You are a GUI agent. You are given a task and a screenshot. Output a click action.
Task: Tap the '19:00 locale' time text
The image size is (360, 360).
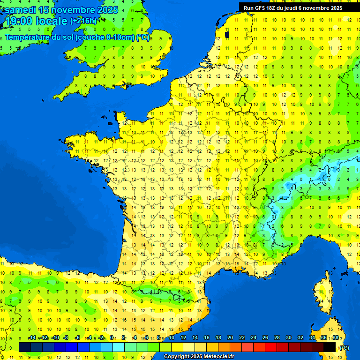[x=37, y=21]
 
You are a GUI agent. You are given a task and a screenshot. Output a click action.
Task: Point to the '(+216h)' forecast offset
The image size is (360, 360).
[x=83, y=21]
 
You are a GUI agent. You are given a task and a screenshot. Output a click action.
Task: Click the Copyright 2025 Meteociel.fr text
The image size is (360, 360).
[x=199, y=357]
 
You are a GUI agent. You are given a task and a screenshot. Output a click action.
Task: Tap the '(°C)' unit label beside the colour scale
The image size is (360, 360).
[x=344, y=348]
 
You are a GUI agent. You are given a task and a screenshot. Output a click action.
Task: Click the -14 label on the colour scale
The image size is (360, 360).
[x=32, y=337]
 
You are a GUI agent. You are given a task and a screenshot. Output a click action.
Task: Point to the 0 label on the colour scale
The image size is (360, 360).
[x=112, y=337]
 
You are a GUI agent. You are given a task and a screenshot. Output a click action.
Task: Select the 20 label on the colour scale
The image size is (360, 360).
[x=230, y=337]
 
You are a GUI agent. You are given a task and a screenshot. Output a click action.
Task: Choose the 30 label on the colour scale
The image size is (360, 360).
[x=289, y=337]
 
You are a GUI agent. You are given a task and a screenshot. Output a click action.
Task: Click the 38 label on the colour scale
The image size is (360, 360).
[x=336, y=337]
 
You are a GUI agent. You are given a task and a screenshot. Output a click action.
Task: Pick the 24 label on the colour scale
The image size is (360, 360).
[x=254, y=337]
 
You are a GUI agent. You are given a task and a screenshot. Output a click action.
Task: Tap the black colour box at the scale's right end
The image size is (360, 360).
[x=330, y=347]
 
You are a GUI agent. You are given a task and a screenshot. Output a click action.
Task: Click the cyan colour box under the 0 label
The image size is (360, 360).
[x=118, y=347]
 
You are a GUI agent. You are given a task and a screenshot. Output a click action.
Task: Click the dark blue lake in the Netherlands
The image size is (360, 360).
[x=227, y=34]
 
